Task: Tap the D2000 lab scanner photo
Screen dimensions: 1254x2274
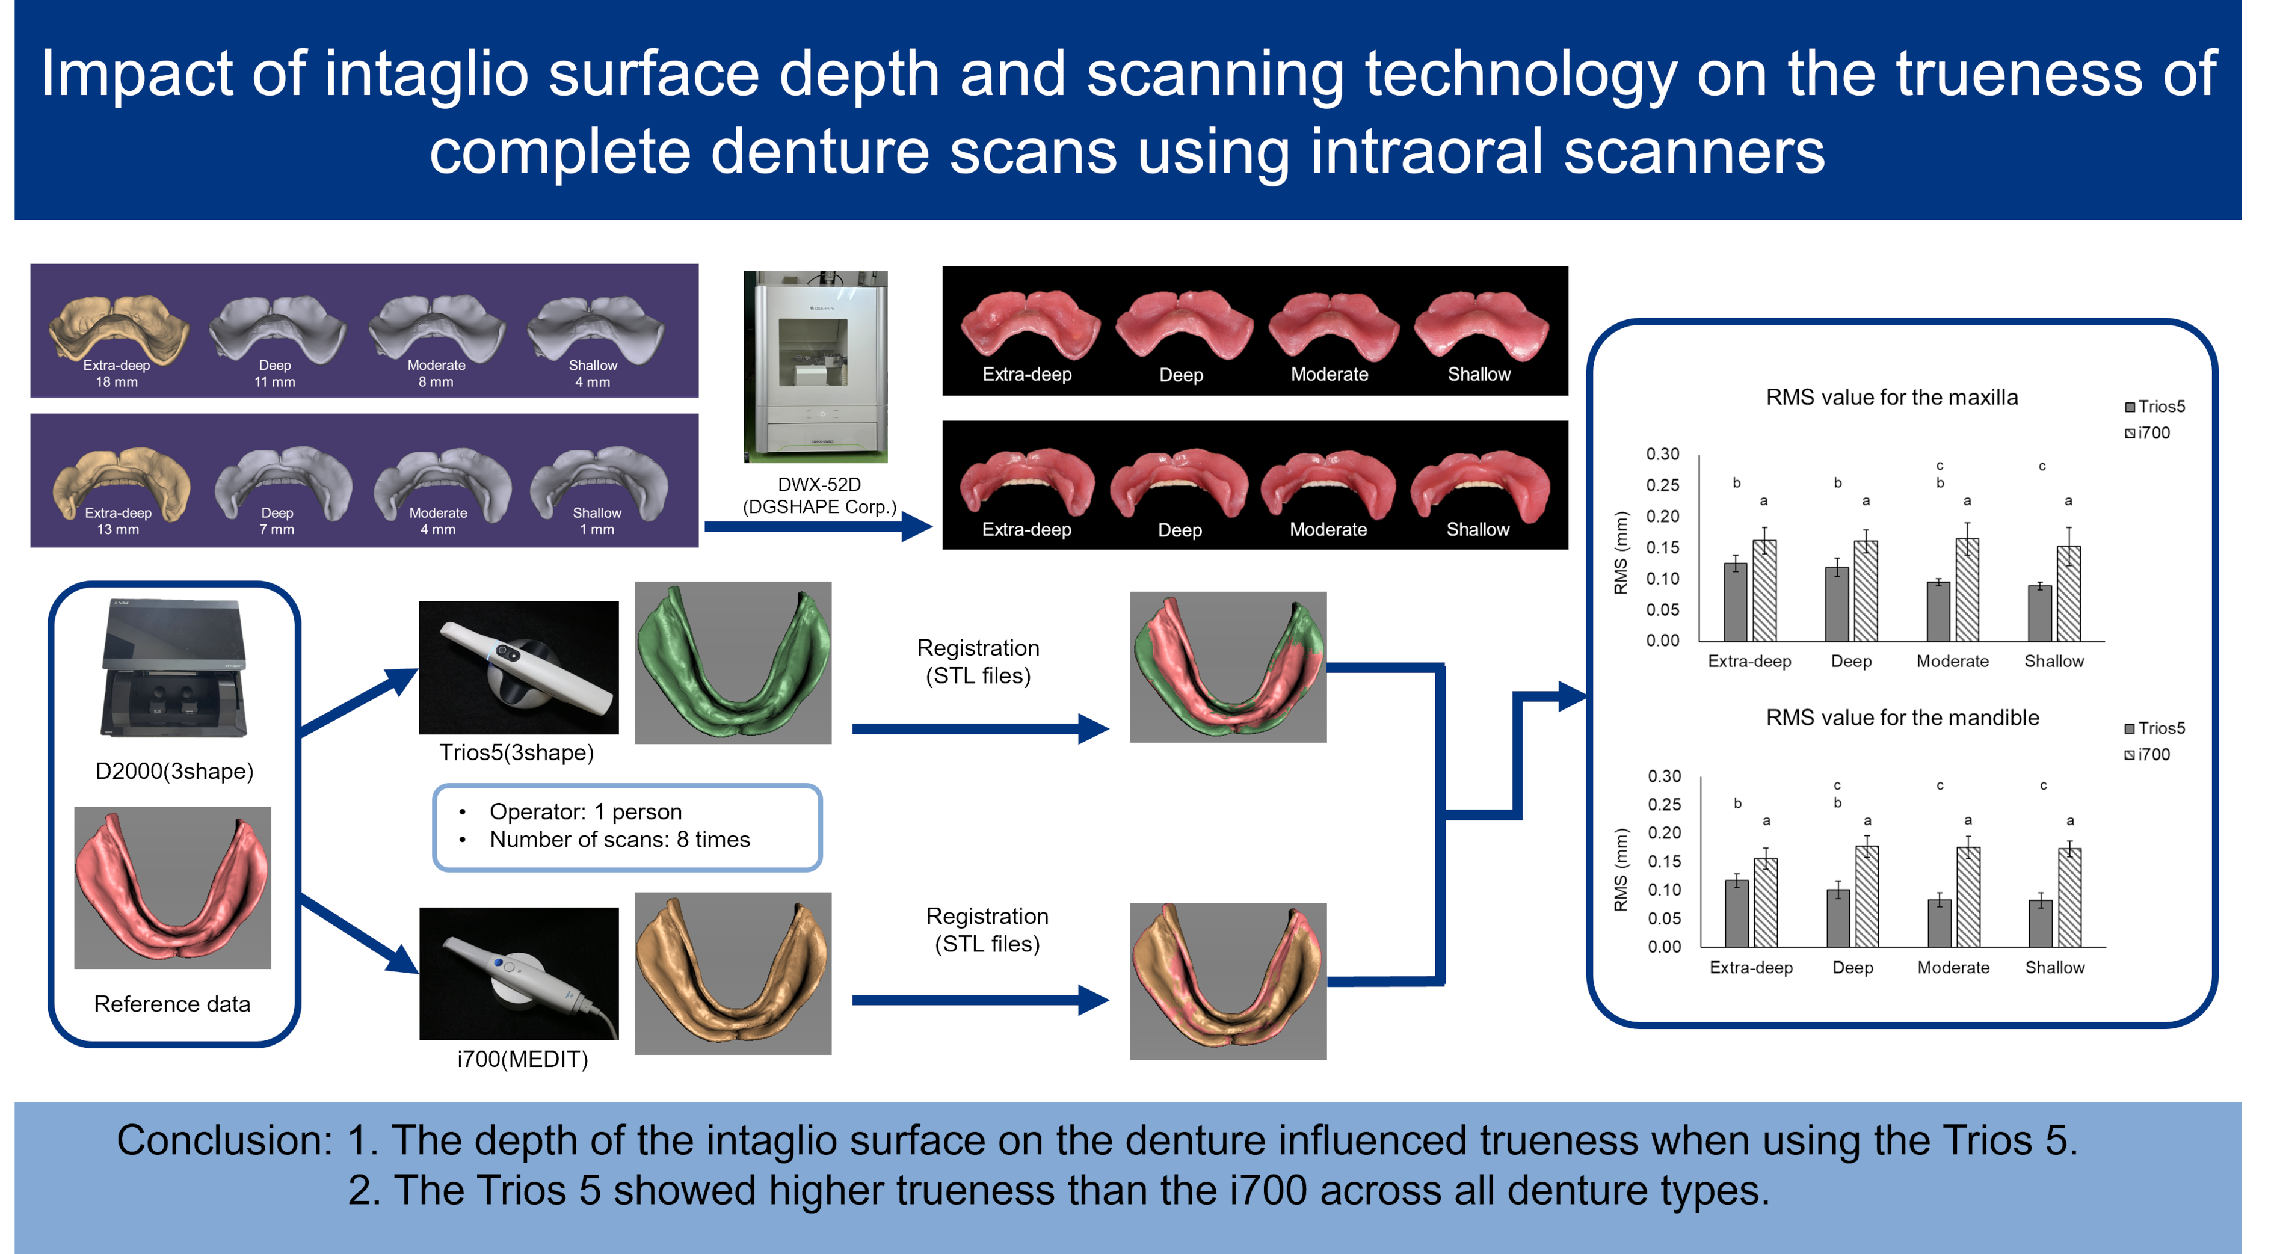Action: [x=173, y=669]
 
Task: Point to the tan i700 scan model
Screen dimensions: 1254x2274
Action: [x=733, y=973]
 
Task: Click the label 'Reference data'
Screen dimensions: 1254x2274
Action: [x=172, y=1004]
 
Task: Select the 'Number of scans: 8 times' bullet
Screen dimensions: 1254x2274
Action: [x=619, y=839]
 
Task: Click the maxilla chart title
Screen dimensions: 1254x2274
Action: [x=1891, y=397]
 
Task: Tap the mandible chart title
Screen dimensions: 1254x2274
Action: [x=1902, y=718]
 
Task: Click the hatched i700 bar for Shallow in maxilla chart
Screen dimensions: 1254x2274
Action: [x=2068, y=593]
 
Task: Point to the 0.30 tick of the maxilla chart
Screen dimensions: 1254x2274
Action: [x=1662, y=453]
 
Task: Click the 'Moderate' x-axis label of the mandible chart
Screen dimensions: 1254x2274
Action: [x=1953, y=967]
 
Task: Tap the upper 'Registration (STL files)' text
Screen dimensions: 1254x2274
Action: [x=978, y=661]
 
